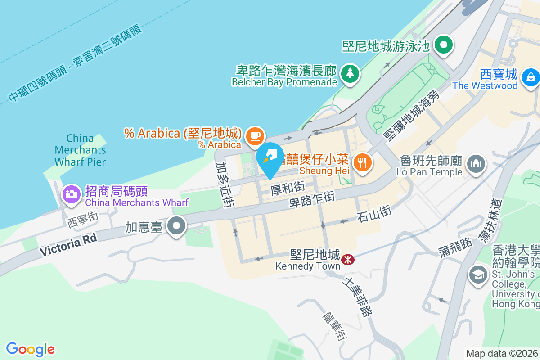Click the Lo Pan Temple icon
coord(476,163)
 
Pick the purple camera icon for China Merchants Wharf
coord(71,194)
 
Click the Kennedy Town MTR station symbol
coord(347,259)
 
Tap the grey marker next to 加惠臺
coord(176,226)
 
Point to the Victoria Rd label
coord(68,245)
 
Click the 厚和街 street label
coord(288,188)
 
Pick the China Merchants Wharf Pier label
coord(80,150)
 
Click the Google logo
coord(30,349)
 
